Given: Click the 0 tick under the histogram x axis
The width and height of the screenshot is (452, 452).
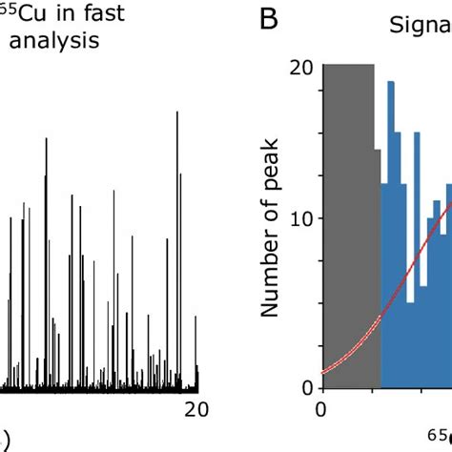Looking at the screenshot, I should coord(321,410).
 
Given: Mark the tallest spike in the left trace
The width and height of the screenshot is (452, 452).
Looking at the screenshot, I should coord(176,248).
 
